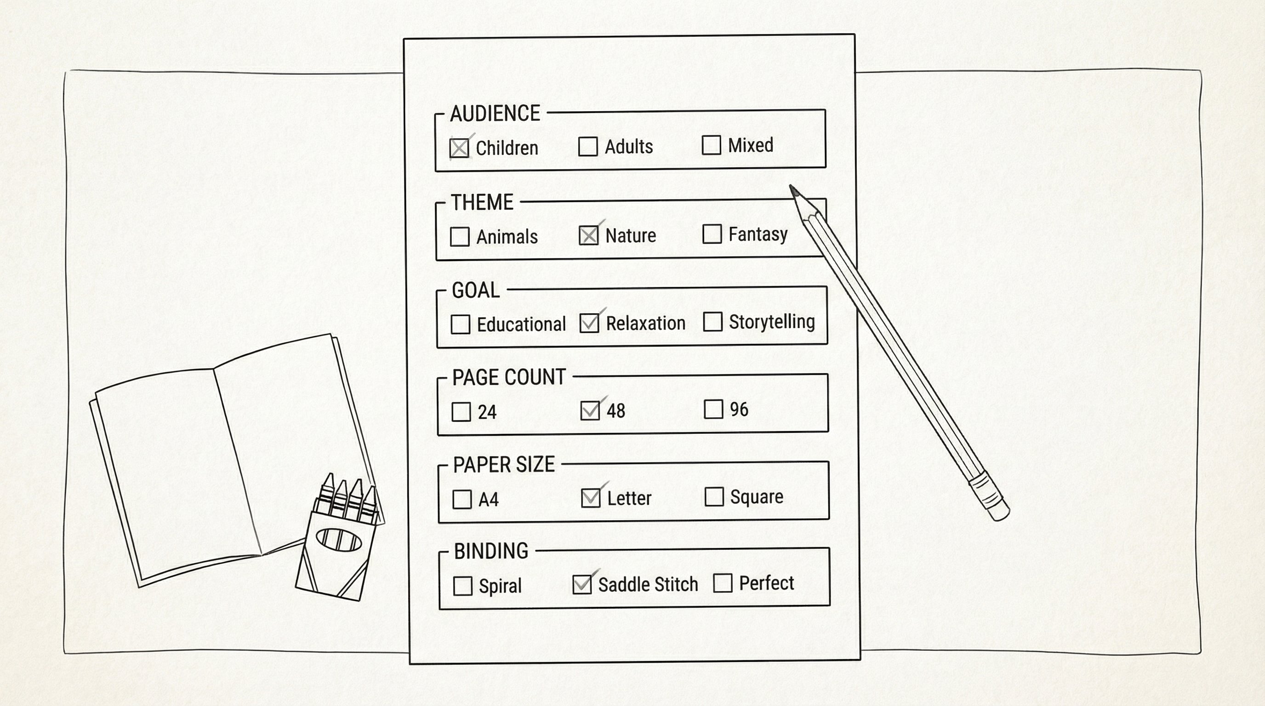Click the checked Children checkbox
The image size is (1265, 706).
459,148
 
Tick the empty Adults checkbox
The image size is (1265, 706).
588,147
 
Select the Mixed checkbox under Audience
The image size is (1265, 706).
711,145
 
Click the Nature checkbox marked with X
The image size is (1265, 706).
588,236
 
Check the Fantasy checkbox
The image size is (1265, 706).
712,234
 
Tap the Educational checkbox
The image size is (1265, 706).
460,325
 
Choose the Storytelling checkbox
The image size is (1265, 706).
712,322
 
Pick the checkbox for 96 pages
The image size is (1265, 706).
713,410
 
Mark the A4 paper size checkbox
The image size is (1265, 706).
462,500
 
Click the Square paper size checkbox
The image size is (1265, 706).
713,497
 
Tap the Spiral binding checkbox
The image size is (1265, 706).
462,586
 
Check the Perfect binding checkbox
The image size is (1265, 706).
723,583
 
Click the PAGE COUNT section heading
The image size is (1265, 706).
509,377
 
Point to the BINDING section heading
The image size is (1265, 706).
490,552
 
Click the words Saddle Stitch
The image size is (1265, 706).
648,585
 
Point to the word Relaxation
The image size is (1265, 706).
645,324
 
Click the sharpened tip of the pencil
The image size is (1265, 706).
792,188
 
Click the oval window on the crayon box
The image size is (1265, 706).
339,540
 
